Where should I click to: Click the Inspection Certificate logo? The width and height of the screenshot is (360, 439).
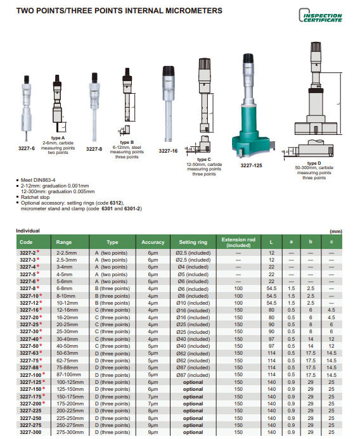coord(321,15)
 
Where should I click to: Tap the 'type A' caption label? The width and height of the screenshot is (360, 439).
coord(58,137)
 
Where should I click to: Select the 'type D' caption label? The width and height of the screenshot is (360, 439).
coord(314,163)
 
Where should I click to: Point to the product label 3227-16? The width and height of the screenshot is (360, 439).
coord(168,151)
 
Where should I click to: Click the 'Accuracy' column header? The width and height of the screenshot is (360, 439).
coord(153,242)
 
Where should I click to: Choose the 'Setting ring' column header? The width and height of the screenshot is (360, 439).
coord(193,242)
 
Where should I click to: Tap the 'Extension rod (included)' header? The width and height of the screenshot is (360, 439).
coord(238,243)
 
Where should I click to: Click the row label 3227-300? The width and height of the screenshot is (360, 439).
coord(30,432)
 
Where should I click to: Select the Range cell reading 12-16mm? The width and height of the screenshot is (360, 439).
coord(67,310)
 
